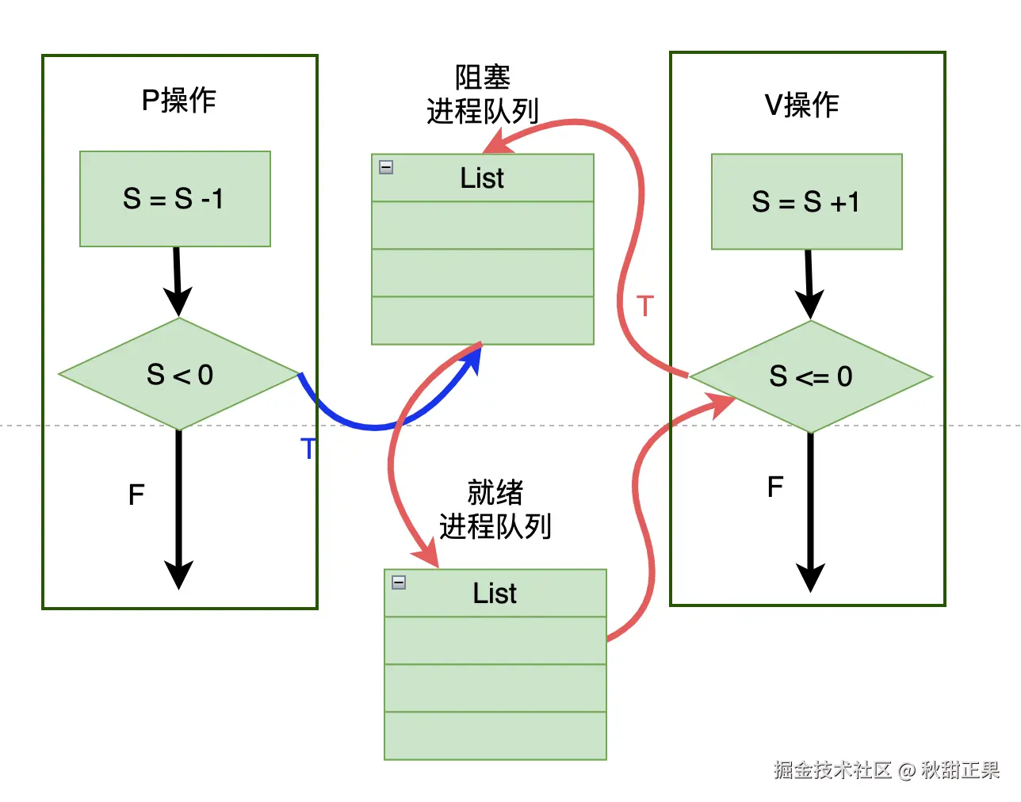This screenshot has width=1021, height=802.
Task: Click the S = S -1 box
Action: [174, 198]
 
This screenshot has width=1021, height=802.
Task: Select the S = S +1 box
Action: [806, 201]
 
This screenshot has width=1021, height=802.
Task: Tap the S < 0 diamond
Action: [179, 374]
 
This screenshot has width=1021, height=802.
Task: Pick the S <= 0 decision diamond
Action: [810, 376]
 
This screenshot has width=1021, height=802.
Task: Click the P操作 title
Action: [178, 101]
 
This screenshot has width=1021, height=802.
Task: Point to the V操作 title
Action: [801, 105]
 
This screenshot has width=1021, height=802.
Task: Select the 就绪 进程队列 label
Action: [495, 510]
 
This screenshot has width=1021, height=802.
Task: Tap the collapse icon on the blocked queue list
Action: [386, 167]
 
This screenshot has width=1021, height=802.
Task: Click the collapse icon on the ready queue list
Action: [399, 582]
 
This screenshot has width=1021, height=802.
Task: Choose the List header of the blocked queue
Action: [482, 178]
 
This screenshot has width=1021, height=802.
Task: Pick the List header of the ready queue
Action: [495, 594]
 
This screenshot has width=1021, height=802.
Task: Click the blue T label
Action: [308, 449]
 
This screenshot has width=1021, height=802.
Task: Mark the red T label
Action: [645, 306]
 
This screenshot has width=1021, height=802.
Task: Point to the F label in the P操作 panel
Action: [136, 495]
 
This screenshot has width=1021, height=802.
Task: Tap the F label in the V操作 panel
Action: [775, 487]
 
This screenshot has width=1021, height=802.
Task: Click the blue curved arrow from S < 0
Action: [373, 426]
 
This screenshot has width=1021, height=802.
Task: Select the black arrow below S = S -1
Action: [178, 281]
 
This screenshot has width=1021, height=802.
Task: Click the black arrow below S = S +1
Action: [809, 284]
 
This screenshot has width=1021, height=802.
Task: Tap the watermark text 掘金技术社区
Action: [832, 770]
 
